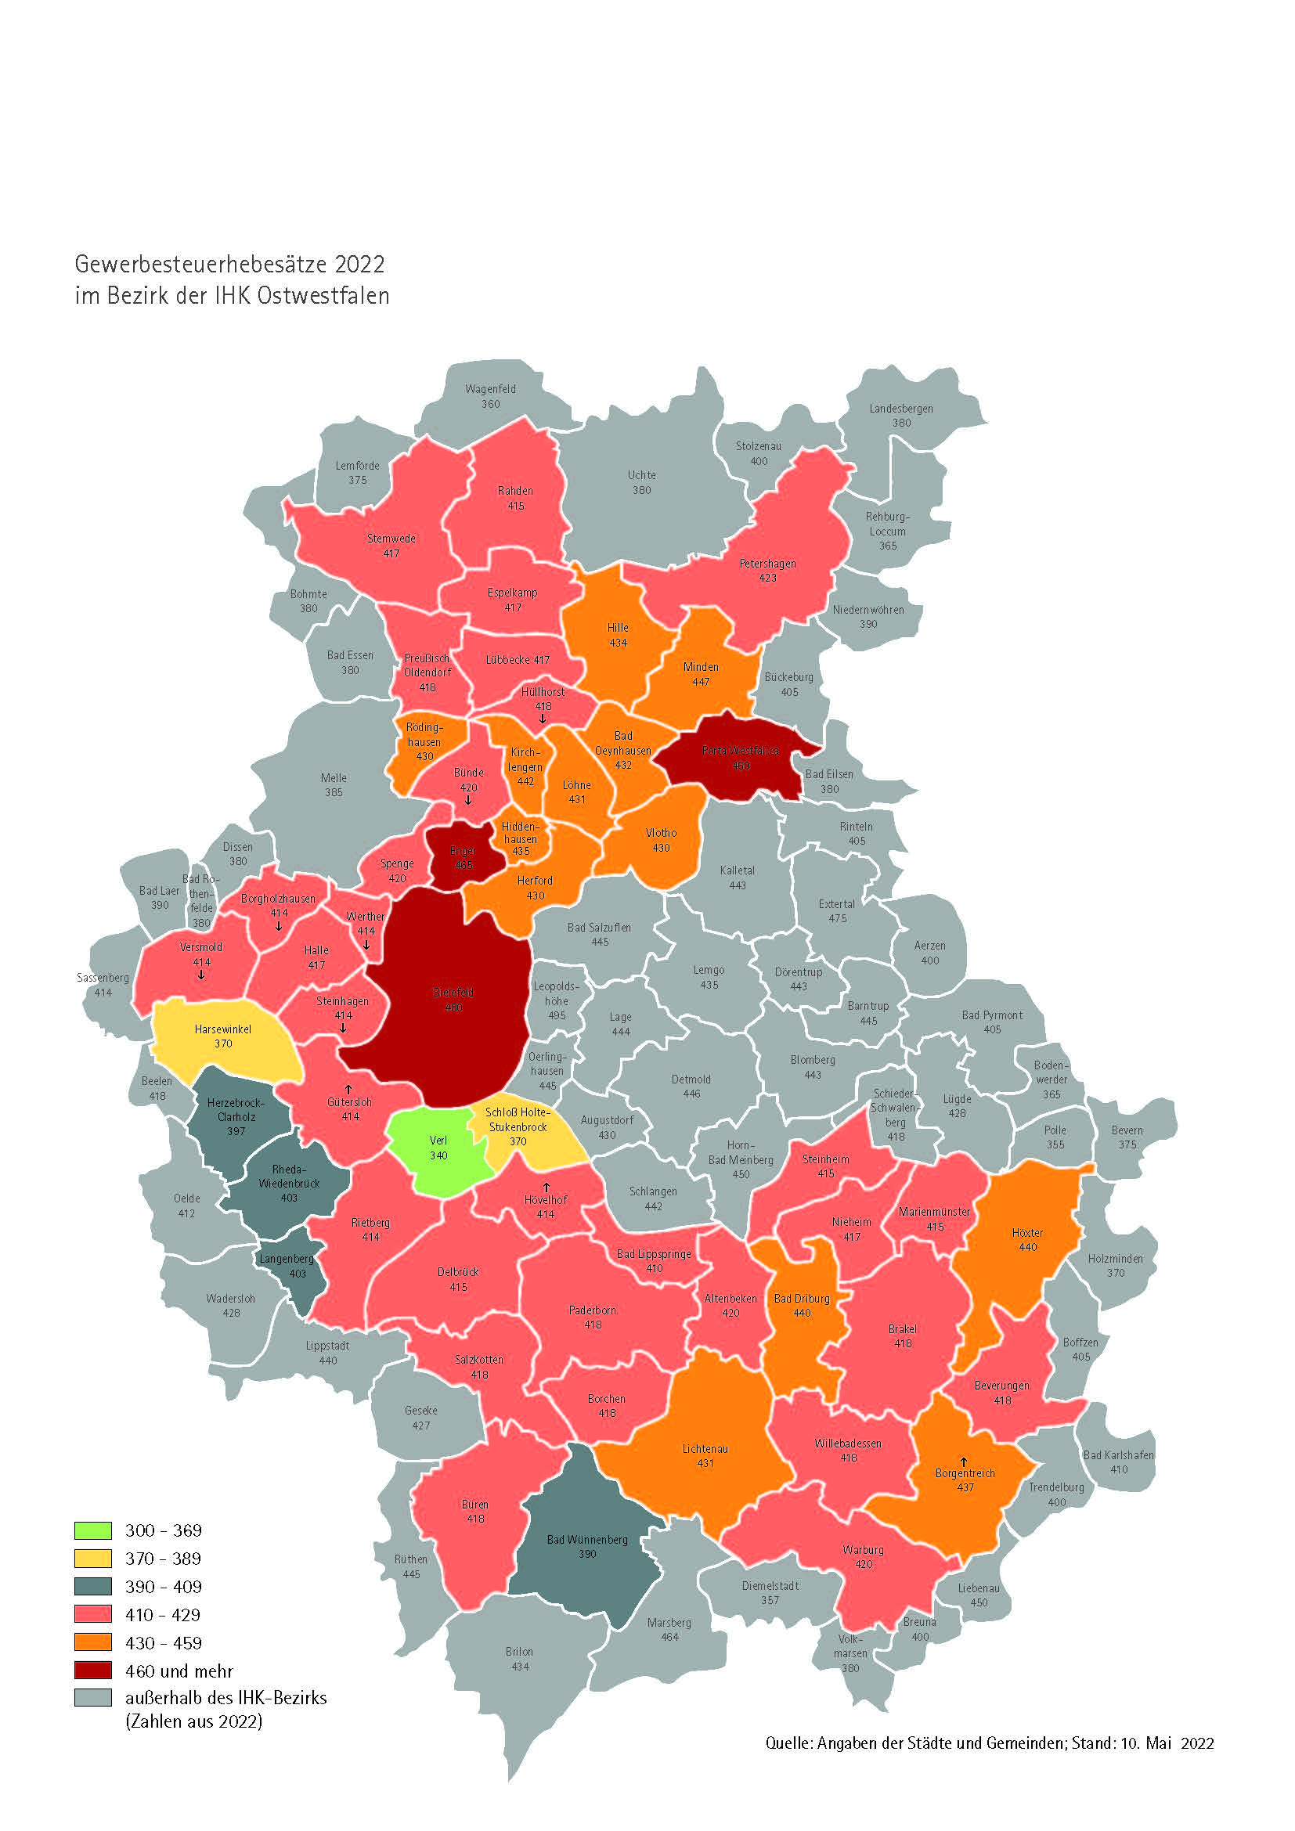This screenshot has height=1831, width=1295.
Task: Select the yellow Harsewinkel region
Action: click(223, 1036)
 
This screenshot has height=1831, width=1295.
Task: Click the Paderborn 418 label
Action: click(593, 1317)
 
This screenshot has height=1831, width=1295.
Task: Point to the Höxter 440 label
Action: click(1027, 1239)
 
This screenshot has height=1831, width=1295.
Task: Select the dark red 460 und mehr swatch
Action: click(92, 1670)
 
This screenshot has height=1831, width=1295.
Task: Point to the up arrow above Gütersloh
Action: click(348, 1089)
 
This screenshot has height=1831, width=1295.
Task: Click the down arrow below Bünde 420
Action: click(468, 801)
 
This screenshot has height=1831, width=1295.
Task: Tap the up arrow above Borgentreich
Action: click(963, 1462)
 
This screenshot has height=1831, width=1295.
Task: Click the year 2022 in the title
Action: click(359, 264)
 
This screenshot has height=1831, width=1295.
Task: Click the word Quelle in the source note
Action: click(787, 1743)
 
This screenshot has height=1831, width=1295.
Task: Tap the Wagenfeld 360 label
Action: click(490, 396)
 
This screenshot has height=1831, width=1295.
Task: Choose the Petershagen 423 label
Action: click(767, 570)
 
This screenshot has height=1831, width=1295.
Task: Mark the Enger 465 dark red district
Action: click(463, 858)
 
